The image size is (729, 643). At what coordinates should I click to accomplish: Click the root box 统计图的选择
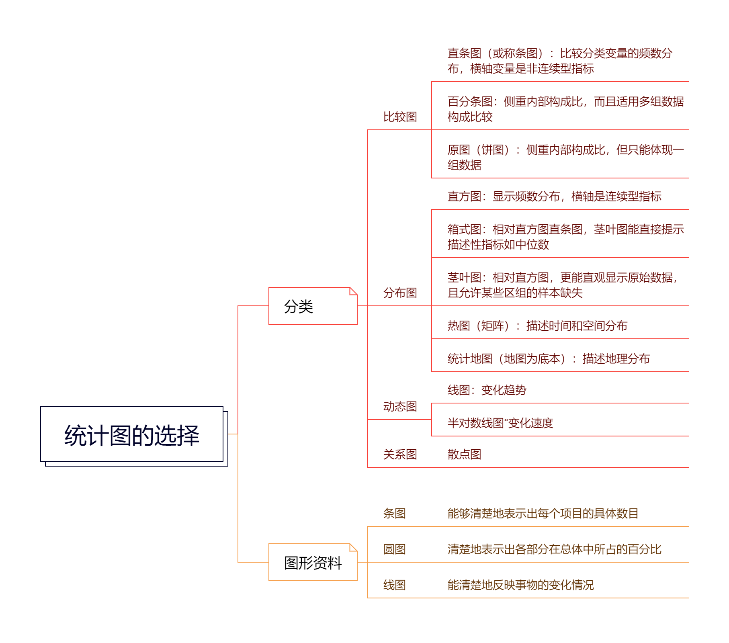pyautogui.click(x=132, y=435)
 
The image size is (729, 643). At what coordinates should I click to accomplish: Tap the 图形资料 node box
pyautogui.click(x=312, y=563)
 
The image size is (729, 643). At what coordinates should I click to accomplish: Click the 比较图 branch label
pyautogui.click(x=400, y=117)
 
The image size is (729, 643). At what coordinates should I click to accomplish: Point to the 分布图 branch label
pyautogui.click(x=400, y=293)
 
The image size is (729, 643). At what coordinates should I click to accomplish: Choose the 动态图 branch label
pyautogui.click(x=400, y=407)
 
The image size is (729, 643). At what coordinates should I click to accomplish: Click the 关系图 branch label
pyautogui.click(x=400, y=455)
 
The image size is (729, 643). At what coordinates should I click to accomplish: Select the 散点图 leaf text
pyautogui.click(x=464, y=455)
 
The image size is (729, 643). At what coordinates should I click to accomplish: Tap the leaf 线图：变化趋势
pyautogui.click(x=487, y=390)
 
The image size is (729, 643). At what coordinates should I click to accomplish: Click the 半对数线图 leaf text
pyautogui.click(x=500, y=423)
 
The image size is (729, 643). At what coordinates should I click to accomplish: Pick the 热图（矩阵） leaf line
pyautogui.click(x=537, y=326)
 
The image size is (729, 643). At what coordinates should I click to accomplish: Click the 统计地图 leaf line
pyautogui.click(x=548, y=359)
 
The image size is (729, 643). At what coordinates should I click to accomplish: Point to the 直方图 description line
pyautogui.click(x=554, y=197)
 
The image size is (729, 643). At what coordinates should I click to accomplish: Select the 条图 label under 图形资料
pyautogui.click(x=394, y=514)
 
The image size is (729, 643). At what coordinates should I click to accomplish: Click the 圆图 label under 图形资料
pyautogui.click(x=394, y=549)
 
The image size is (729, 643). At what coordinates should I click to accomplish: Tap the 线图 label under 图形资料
pyautogui.click(x=394, y=585)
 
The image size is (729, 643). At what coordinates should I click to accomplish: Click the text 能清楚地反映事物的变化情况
pyautogui.click(x=520, y=585)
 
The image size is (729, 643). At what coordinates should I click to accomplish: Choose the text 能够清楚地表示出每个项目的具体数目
pyautogui.click(x=543, y=514)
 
